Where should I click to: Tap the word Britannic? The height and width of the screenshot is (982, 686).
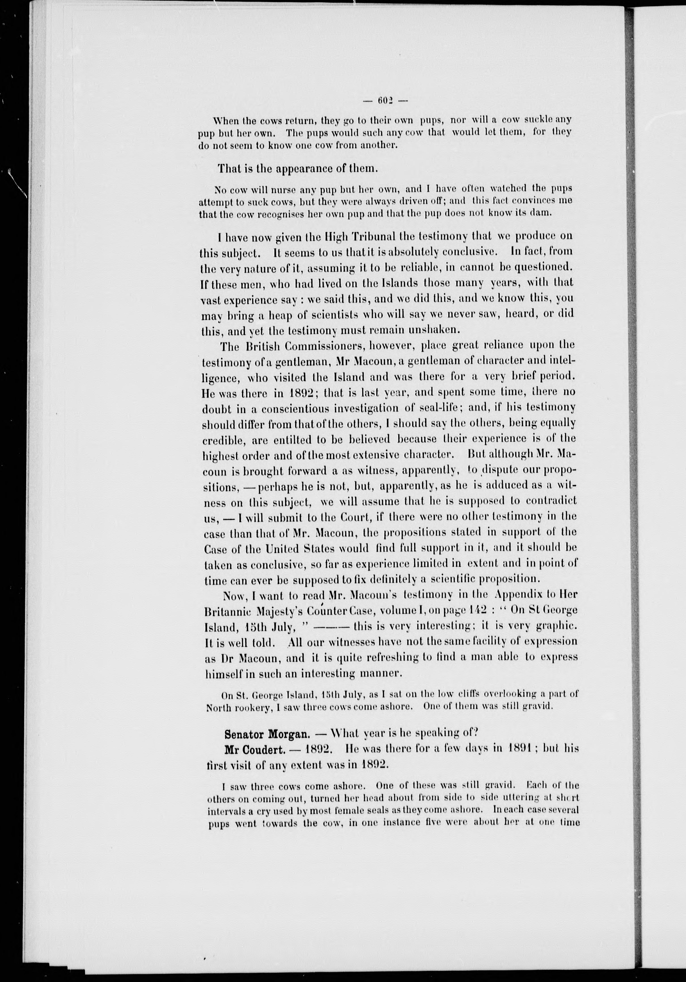tap(229, 611)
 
